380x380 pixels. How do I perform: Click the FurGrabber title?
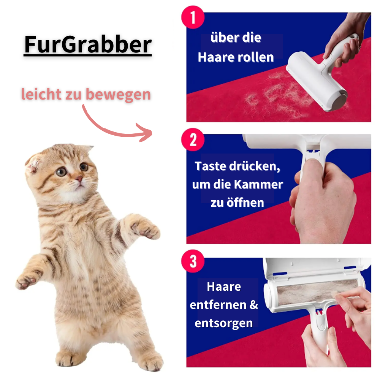point(88,44)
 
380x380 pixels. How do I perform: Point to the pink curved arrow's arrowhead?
point(145,132)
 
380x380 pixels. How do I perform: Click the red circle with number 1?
point(193,17)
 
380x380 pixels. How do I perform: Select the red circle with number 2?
point(193,139)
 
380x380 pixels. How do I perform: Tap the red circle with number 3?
point(193,261)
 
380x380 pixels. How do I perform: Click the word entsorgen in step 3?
point(224,323)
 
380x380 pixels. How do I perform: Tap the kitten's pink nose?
point(79,179)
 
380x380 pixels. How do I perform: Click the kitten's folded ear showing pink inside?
point(33,165)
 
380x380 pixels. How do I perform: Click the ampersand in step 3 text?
point(254,305)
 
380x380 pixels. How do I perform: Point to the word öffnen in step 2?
point(245,203)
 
